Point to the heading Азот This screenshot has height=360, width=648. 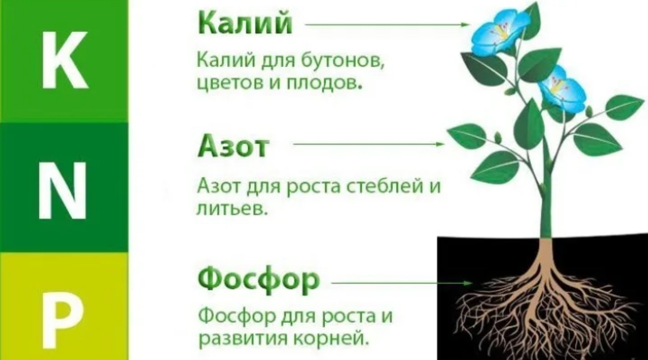(233, 147)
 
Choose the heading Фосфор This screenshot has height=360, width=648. (259, 280)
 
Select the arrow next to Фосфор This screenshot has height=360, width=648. (399, 283)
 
